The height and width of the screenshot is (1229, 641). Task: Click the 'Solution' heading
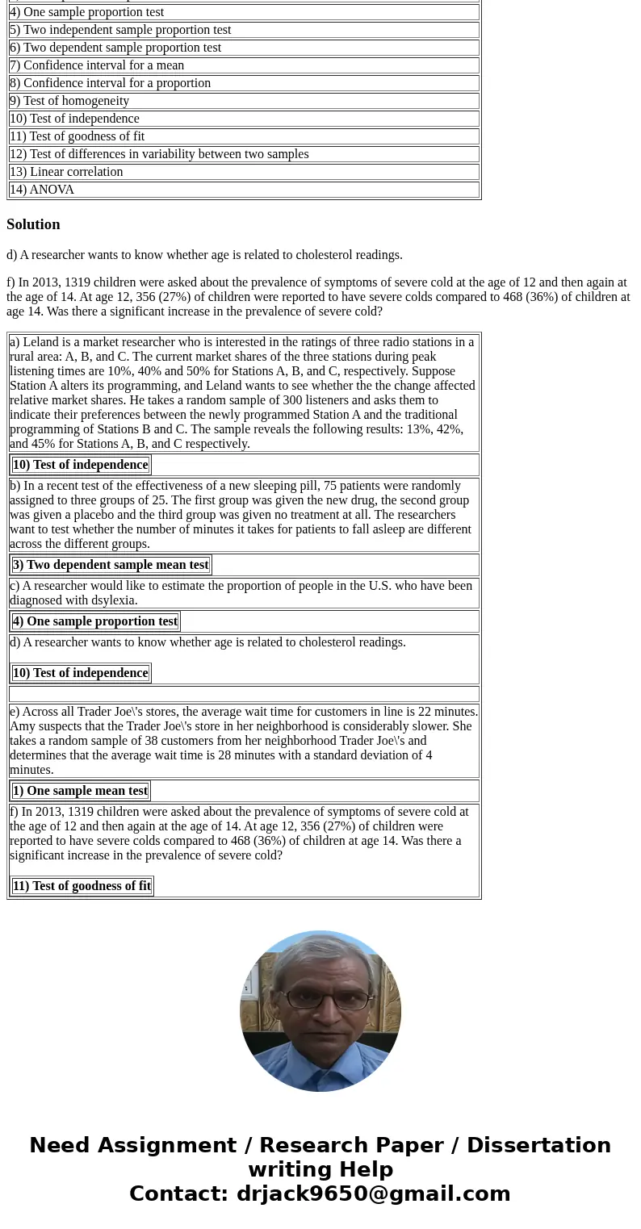[x=33, y=224]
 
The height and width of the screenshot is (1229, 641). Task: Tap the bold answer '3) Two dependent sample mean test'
[x=111, y=565]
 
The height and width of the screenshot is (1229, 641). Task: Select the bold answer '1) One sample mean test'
[x=80, y=791]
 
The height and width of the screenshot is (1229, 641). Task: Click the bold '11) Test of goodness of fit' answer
[x=82, y=886]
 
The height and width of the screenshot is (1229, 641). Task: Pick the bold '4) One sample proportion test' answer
[x=95, y=621]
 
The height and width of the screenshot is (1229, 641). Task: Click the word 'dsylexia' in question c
[x=113, y=600]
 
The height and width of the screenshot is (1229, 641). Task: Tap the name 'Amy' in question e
[x=21, y=726]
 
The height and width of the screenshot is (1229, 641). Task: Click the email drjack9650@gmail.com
[x=373, y=1193]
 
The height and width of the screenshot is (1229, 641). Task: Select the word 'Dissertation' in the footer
[x=538, y=1145]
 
